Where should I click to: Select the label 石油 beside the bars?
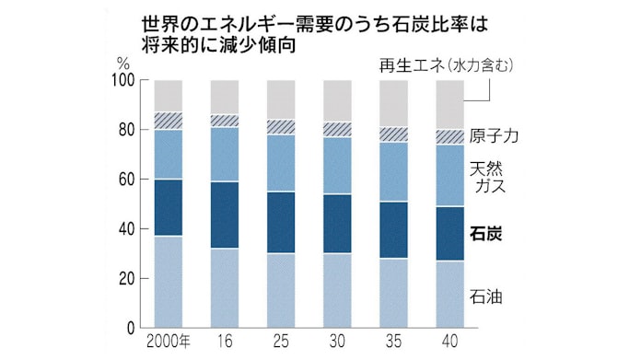488,297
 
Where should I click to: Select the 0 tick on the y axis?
130,328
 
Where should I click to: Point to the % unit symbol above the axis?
123,62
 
